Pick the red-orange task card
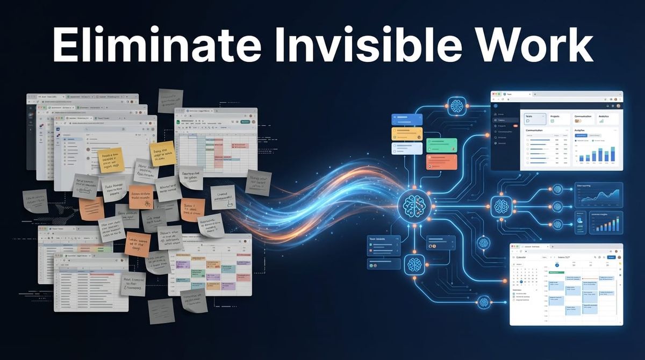[441, 162]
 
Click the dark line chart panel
[598, 195]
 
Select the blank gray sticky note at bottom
[161, 311]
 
